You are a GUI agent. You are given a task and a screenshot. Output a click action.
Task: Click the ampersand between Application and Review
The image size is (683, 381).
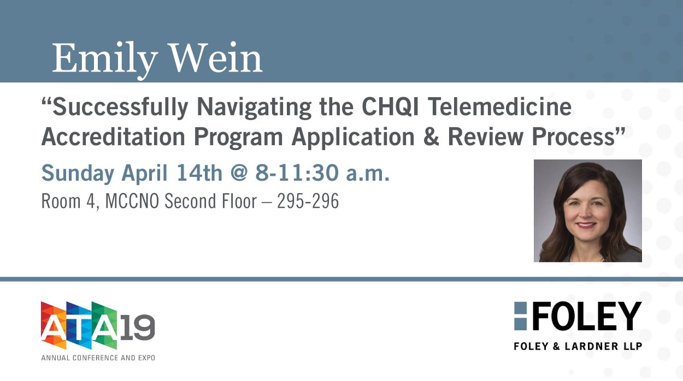pyautogui.click(x=431, y=138)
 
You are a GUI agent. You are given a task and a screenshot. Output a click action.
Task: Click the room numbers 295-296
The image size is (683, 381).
pyautogui.click(x=308, y=202)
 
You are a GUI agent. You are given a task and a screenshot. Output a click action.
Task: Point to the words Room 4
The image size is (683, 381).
pyautogui.click(x=64, y=202)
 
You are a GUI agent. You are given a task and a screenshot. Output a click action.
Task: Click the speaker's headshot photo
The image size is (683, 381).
pyautogui.click(x=587, y=211)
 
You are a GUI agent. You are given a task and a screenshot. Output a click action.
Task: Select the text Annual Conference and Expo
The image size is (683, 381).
pyautogui.click(x=97, y=358)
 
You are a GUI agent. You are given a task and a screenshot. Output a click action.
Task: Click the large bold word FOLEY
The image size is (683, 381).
pyautogui.click(x=587, y=316)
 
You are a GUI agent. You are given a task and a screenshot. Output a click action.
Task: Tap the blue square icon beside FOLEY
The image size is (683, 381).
pyautogui.click(x=520, y=316)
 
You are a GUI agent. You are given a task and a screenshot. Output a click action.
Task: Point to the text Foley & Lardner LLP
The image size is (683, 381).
pyautogui.click(x=577, y=346)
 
